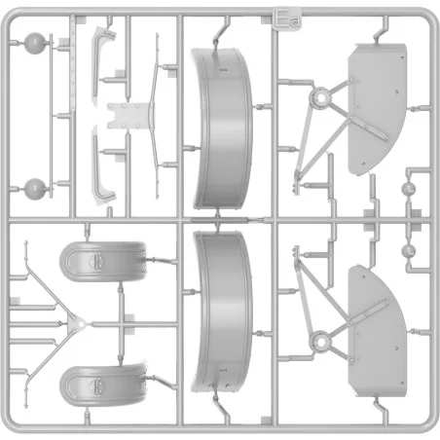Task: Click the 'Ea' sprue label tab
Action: (287, 19)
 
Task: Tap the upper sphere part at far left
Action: (35, 43)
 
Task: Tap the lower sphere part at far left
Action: (35, 189)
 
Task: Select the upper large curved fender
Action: (222, 128)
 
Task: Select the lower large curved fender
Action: (222, 311)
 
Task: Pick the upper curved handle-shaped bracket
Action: (102, 66)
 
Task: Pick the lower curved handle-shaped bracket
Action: (102, 165)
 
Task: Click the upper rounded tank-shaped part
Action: (103, 262)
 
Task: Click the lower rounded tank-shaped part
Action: (103, 385)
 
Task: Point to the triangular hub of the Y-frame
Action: (77, 323)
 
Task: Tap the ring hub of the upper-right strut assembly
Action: (320, 97)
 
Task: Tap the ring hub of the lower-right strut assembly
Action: (320, 342)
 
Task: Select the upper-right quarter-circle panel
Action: (377, 109)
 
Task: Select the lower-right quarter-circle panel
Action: (377, 331)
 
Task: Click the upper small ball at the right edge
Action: (409, 189)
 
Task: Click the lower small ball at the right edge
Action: (409, 251)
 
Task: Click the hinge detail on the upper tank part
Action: (96, 262)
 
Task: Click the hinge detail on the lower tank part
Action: (96, 385)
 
